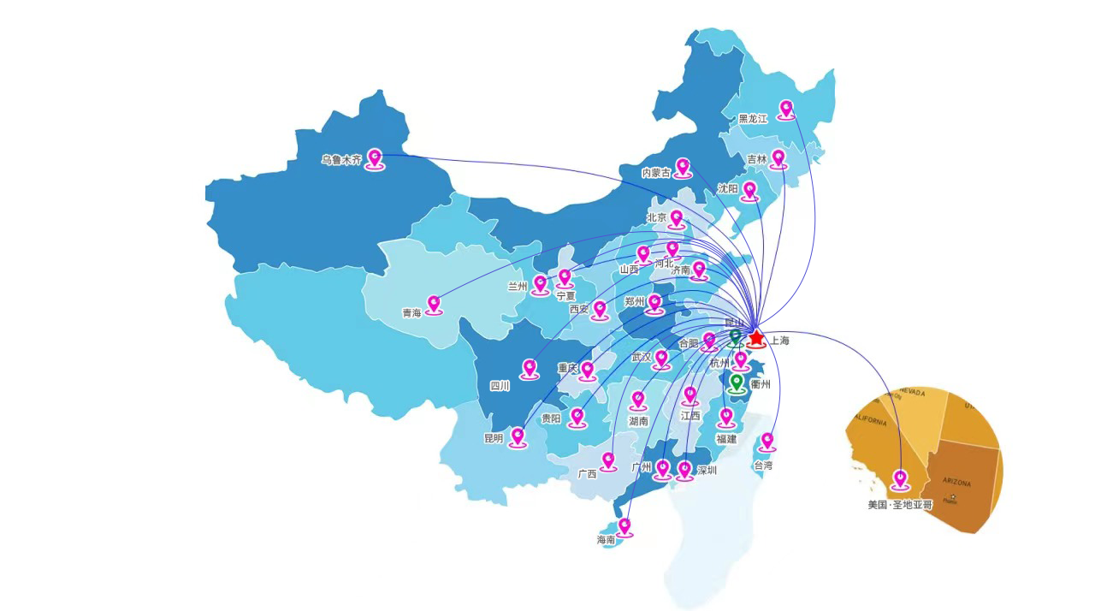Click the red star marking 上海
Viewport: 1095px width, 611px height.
756,337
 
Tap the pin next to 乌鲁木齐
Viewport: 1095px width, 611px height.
375,157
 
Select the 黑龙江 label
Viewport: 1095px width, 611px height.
754,119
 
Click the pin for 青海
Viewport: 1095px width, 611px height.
434,304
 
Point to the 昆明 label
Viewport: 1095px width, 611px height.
494,438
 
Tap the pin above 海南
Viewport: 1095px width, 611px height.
624,525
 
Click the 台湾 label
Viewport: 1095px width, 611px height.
763,466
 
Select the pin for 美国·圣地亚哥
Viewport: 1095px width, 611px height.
900,478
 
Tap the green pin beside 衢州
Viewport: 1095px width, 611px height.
737,382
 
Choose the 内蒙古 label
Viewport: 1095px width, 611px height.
656,173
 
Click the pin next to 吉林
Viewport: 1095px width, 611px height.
778,158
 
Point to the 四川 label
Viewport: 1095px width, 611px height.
500,386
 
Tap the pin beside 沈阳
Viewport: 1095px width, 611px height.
749,190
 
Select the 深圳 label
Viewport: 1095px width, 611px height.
707,471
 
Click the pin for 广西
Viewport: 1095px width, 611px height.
608,461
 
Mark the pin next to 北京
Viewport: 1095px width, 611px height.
677,218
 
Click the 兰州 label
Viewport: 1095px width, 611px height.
517,287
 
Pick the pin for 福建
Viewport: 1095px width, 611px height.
726,417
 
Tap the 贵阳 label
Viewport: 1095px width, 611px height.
551,419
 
